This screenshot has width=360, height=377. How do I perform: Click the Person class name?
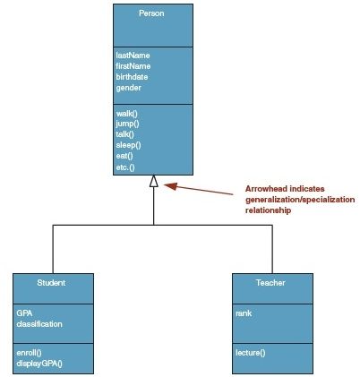[151, 13]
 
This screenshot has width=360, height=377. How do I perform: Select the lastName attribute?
[133, 56]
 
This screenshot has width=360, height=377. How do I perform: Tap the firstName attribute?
[133, 66]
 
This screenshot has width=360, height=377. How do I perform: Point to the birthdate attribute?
[132, 77]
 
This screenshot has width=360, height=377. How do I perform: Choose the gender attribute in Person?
[129, 88]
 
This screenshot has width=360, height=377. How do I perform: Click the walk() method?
[127, 114]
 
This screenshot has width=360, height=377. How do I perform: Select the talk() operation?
[125, 134]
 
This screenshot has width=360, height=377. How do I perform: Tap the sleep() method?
[129, 145]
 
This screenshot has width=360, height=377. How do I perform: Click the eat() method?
[124, 156]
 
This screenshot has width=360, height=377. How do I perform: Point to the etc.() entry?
[125, 167]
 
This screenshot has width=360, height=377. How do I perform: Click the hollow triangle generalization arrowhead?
[154, 181]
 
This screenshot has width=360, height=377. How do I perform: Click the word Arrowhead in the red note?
[267, 189]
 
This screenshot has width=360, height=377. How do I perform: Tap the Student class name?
[51, 283]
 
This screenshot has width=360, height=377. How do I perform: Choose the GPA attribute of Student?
[24, 313]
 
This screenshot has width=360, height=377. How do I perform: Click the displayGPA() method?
[39, 364]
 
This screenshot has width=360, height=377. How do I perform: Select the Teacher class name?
[270, 283]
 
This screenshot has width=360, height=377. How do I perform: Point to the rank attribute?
[244, 313]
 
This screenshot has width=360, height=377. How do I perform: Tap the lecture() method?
[251, 353]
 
